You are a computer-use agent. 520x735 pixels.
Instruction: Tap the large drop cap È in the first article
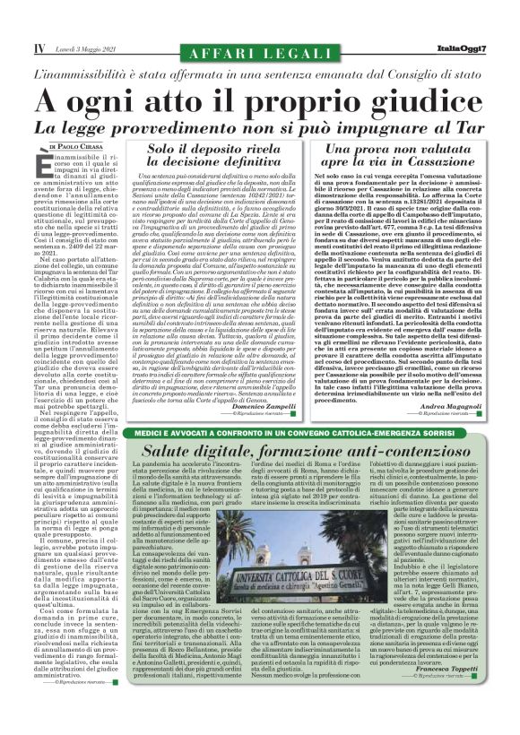point(49,163)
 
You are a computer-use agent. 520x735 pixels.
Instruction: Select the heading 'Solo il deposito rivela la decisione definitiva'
point(221,159)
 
